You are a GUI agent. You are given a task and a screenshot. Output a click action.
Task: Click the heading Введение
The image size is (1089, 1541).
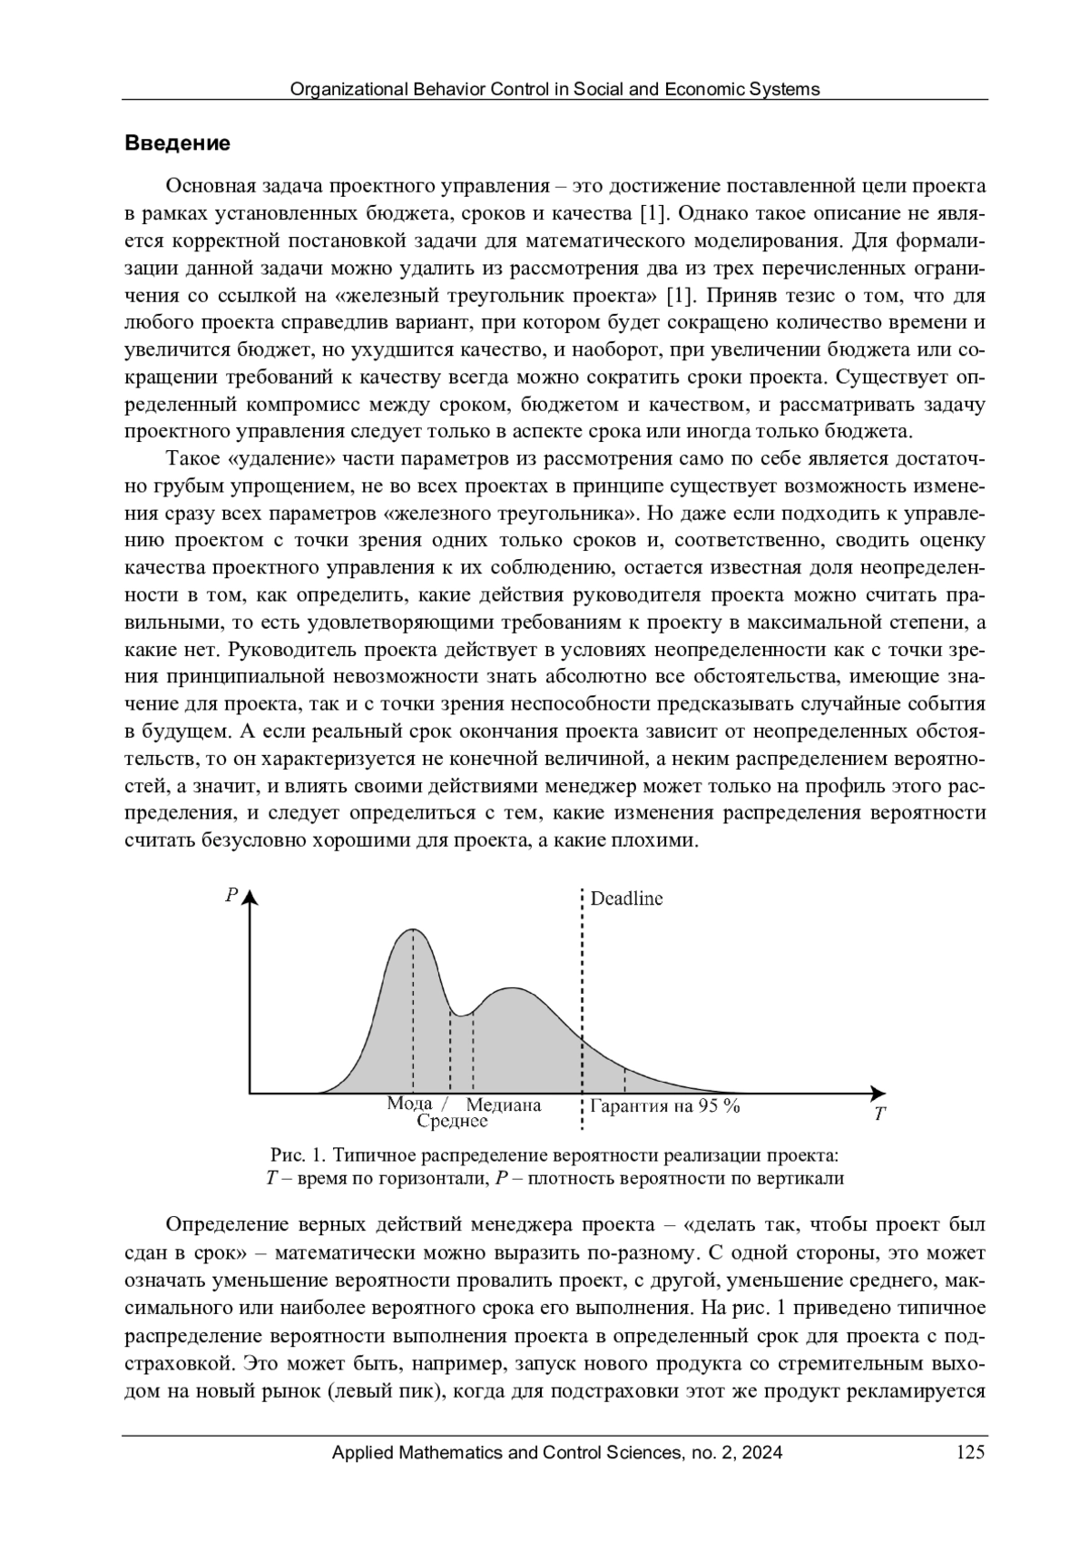click(177, 143)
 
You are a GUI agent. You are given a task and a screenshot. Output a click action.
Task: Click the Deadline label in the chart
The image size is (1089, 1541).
click(626, 898)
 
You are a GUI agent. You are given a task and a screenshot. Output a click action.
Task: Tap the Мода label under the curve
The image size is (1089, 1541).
click(409, 1104)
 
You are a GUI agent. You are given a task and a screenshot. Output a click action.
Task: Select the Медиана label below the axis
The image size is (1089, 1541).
click(504, 1105)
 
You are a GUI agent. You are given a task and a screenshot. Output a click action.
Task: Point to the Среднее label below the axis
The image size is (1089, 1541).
click(452, 1122)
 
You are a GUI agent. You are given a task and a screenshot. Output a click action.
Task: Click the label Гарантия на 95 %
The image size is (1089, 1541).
click(665, 1106)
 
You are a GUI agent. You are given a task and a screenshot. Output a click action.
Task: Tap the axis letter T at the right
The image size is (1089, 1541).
click(879, 1115)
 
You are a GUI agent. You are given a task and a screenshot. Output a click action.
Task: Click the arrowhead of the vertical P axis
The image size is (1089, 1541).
click(250, 898)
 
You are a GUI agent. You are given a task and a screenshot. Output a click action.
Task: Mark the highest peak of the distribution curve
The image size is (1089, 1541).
click(413, 930)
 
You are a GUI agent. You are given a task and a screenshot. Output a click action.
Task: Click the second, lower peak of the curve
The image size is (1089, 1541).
click(513, 987)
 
